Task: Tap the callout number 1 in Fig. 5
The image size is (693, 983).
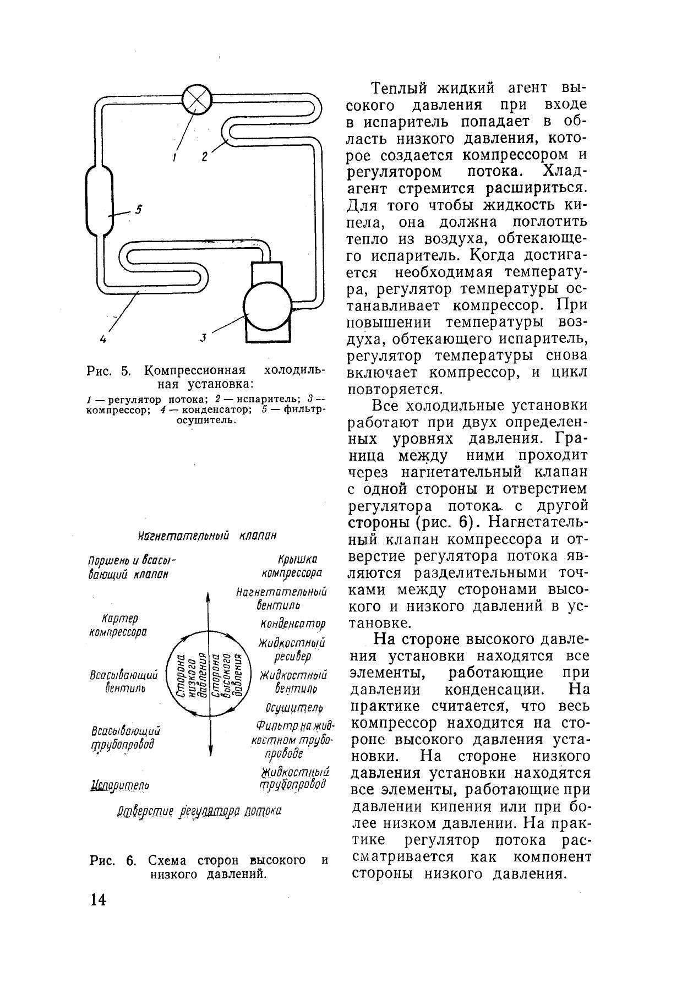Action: tap(174, 157)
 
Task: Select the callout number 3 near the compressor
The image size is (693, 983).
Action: tap(203, 338)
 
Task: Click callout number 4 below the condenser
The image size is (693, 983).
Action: tap(103, 339)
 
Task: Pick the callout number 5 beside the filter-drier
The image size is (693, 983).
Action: tap(139, 209)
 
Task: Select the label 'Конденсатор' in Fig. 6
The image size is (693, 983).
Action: tap(292, 624)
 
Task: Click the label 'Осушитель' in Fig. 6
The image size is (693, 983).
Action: tap(293, 707)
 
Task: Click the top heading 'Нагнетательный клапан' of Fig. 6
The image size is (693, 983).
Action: tap(207, 536)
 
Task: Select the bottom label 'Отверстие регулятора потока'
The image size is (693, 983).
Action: tap(199, 811)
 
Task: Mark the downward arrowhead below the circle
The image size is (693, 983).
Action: tap(211, 754)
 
